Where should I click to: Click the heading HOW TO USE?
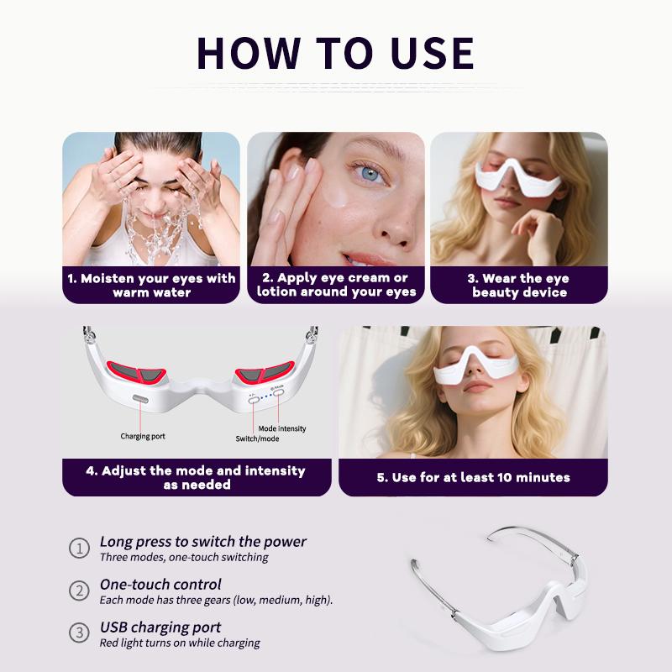pos(335,52)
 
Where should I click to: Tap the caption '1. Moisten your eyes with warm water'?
pos(151,286)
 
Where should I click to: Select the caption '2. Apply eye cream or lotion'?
pos(336,286)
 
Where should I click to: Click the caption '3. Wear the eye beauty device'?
pos(519,286)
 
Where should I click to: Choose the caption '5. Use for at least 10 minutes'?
pos(473,477)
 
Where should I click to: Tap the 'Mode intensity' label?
pos(282,428)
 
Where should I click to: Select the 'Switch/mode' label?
pos(256,438)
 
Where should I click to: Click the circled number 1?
pos(78,549)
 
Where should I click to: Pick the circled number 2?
pos(78,591)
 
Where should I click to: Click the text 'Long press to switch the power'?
pos(203,542)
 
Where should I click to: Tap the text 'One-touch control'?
pos(160,585)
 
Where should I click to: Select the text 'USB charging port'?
pos(160,627)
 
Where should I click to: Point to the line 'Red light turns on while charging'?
pos(180,643)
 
